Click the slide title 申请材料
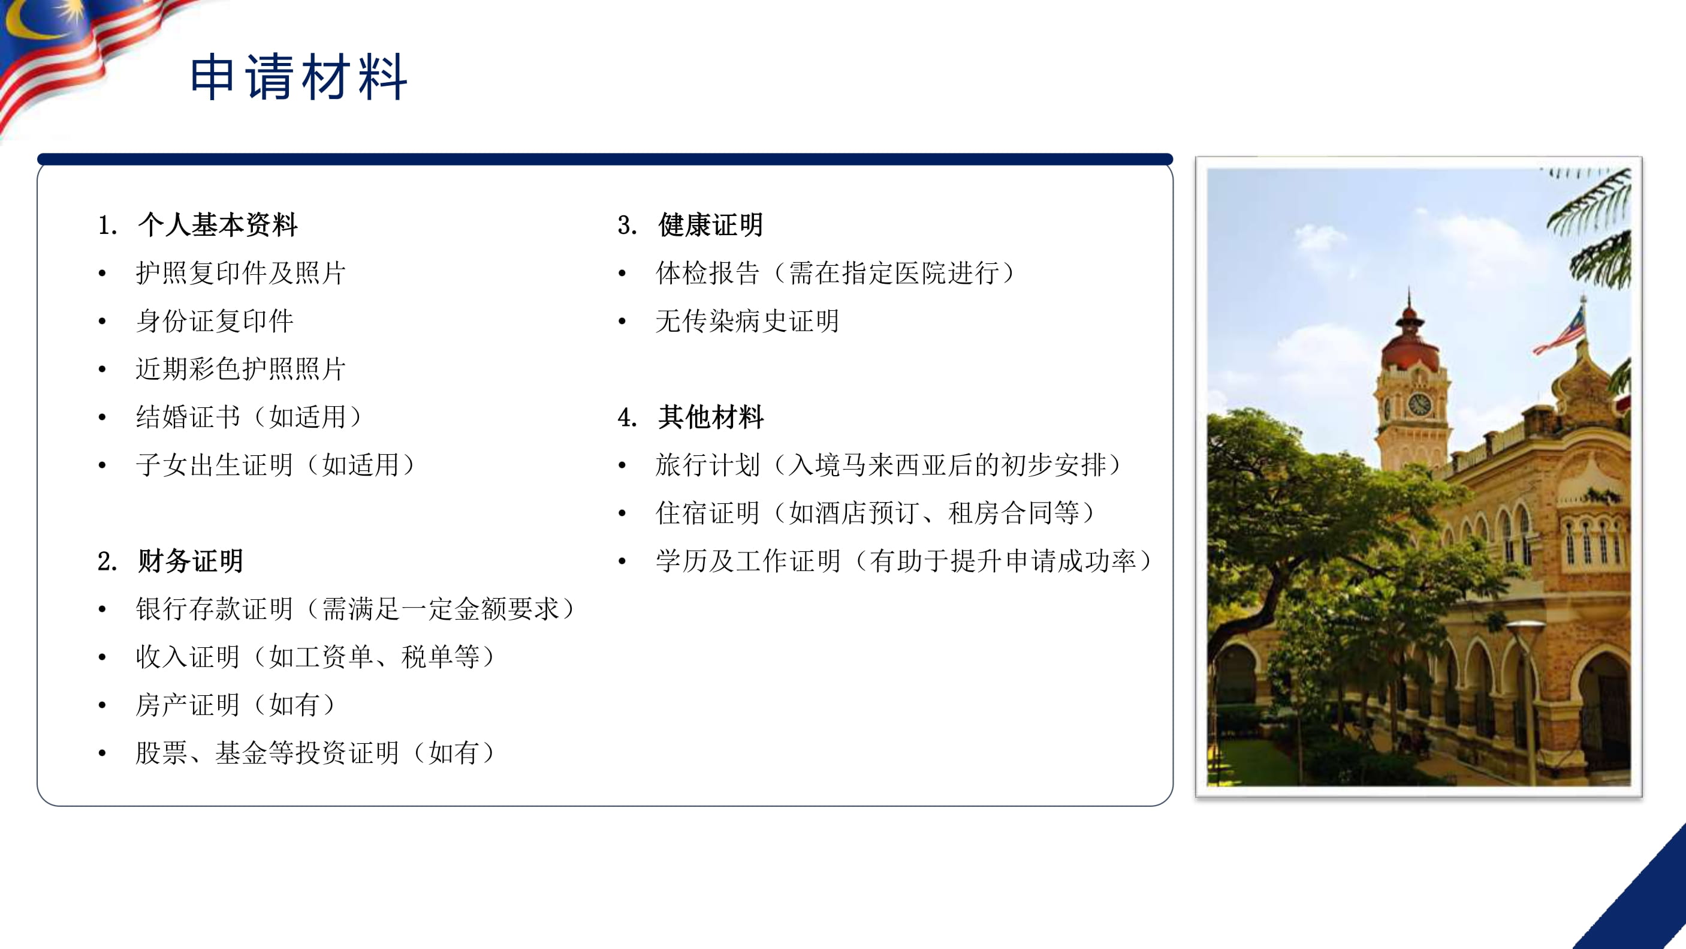[298, 77]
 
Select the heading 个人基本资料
[218, 224]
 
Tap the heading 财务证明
[191, 561]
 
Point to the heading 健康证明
[711, 224]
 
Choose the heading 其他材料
[711, 416]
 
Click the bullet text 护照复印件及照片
[241, 272]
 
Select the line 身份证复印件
[215, 321]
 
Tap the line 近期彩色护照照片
[241, 369]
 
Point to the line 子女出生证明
[276, 465]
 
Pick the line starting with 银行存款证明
[355, 608]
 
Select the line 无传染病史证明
[747, 321]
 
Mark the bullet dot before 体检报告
[622, 274]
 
